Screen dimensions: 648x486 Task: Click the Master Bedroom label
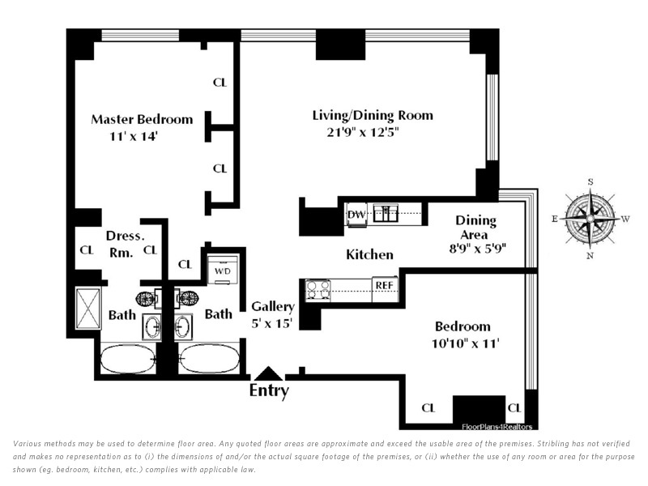(142, 119)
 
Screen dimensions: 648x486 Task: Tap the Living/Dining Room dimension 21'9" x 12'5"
(363, 132)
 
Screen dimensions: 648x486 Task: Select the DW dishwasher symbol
(356, 215)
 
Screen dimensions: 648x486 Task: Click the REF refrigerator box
(384, 286)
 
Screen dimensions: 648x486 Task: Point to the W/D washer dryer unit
(223, 271)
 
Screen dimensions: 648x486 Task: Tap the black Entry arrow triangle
(269, 373)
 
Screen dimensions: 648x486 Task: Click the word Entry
(269, 390)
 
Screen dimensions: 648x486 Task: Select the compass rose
(590, 218)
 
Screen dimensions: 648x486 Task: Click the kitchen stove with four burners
(318, 289)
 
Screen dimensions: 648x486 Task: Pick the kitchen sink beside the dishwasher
(386, 213)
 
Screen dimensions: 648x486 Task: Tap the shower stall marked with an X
(88, 309)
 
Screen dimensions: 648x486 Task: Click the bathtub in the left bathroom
(128, 359)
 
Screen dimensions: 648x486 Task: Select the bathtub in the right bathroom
(210, 358)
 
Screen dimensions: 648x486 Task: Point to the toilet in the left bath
(147, 298)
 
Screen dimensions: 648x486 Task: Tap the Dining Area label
(475, 228)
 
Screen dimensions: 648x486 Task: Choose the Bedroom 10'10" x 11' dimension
(465, 343)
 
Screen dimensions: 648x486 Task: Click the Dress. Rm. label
(125, 244)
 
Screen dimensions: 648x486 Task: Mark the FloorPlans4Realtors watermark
(497, 427)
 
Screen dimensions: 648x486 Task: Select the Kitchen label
(369, 254)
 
